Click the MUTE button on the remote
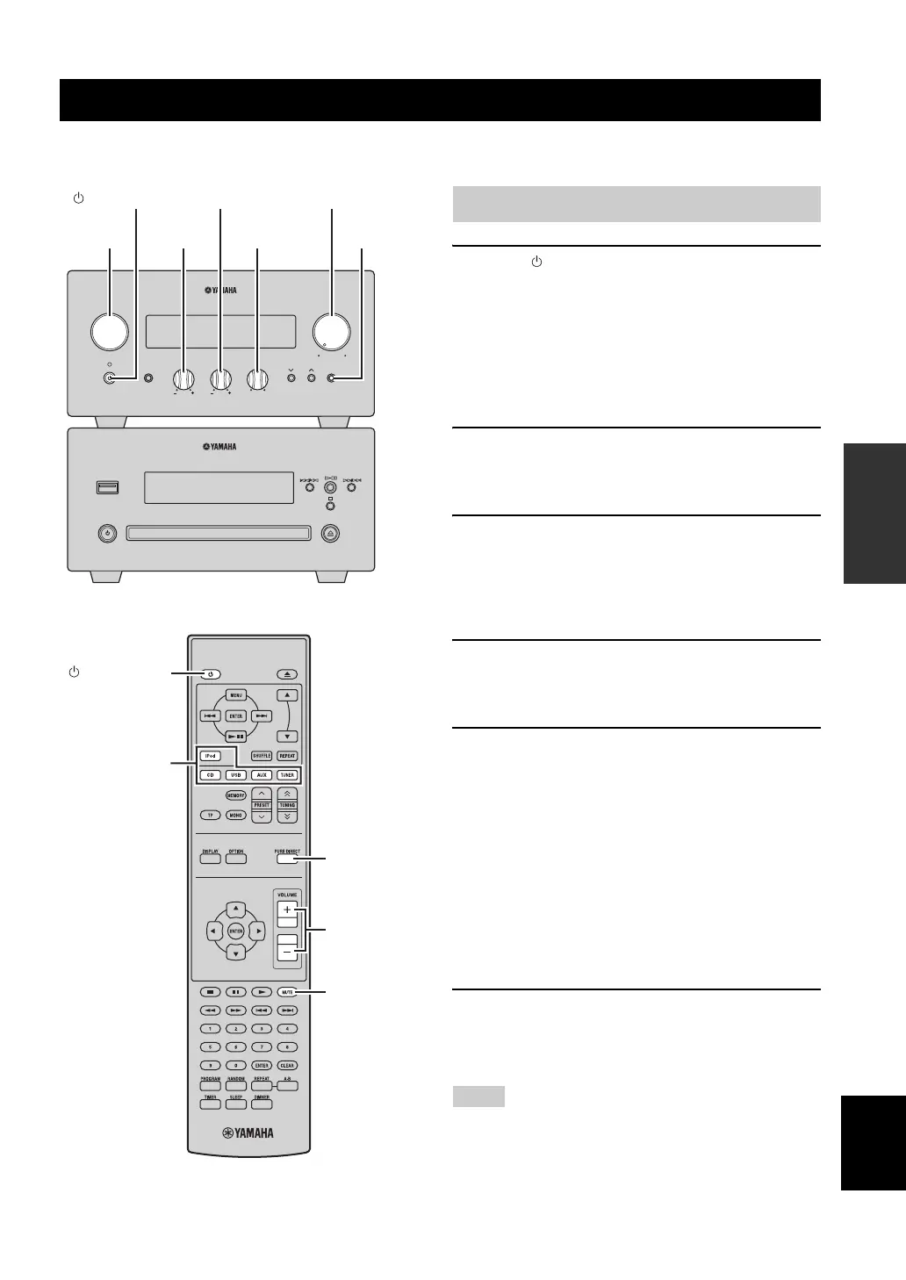coord(287,992)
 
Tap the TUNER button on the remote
coord(287,775)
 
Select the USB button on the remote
coord(235,775)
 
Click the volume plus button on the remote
coord(287,910)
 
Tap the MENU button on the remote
coord(236,695)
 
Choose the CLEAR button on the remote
coord(287,1065)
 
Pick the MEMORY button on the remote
coord(235,795)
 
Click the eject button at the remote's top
coord(287,674)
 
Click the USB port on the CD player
coord(106,487)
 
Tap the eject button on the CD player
coord(331,532)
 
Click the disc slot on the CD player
coord(219,532)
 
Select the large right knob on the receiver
coord(332,331)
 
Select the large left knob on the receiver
coord(110,331)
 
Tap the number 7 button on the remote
coord(261,1046)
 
